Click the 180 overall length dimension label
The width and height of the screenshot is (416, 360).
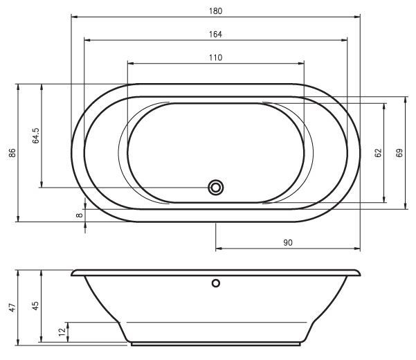[x=215, y=11]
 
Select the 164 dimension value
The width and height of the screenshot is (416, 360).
[x=215, y=35]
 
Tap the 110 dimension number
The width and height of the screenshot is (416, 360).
[x=215, y=58]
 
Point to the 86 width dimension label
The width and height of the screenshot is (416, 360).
[x=12, y=153]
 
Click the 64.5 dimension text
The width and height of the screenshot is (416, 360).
[x=36, y=136]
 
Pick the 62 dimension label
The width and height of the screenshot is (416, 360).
[x=378, y=153]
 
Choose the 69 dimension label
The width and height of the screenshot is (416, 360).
[x=399, y=153]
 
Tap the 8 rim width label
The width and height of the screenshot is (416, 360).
[x=80, y=215]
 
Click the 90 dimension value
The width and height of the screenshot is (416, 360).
[x=288, y=243]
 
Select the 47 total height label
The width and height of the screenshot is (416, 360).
[x=12, y=307]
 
